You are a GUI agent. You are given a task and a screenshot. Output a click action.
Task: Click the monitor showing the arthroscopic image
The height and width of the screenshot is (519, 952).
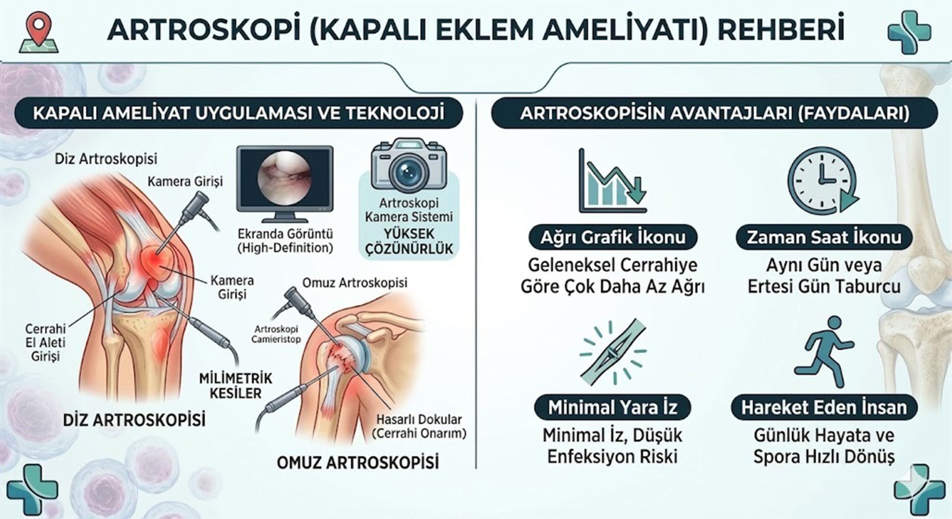click(285, 183)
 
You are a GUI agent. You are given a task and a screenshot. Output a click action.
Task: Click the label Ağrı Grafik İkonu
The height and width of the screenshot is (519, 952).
click(612, 237)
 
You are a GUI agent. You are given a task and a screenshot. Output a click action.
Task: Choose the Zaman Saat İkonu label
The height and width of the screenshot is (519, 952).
click(824, 237)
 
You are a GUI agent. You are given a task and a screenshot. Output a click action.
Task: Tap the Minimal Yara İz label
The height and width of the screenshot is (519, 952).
click(612, 407)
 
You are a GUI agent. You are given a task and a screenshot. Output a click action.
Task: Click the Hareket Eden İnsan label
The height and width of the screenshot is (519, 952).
click(824, 407)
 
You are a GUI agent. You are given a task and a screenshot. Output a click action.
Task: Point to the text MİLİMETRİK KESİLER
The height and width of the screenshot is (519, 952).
click(236, 386)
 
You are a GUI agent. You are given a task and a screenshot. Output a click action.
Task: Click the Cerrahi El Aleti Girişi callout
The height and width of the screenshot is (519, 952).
click(45, 342)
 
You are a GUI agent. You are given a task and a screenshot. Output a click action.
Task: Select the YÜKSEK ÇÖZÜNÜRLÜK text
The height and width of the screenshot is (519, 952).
click(409, 241)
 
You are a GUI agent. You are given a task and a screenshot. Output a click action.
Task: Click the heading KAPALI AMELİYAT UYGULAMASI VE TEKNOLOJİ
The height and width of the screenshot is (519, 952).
click(239, 113)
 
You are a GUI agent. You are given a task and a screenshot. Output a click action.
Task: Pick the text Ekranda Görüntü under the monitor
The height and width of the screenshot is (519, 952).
click(285, 234)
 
